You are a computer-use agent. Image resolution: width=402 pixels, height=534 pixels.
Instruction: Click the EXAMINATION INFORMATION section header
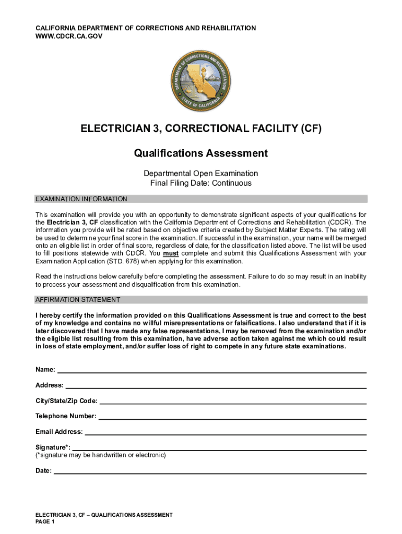pos(81,199)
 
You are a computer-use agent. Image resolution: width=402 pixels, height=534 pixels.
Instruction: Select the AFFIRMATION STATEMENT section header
pos(78,300)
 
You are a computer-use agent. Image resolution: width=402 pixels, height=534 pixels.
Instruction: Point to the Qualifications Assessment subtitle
pos(201,153)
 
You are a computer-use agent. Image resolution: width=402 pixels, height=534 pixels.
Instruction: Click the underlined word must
pos(171,253)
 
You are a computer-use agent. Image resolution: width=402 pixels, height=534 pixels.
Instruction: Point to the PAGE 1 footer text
pos(45,521)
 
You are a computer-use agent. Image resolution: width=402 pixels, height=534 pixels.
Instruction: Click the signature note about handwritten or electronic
pos(101,455)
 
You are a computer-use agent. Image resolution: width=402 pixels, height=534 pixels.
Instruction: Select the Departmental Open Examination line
pos(201,173)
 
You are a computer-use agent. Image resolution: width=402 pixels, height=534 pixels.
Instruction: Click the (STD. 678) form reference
pos(106,261)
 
